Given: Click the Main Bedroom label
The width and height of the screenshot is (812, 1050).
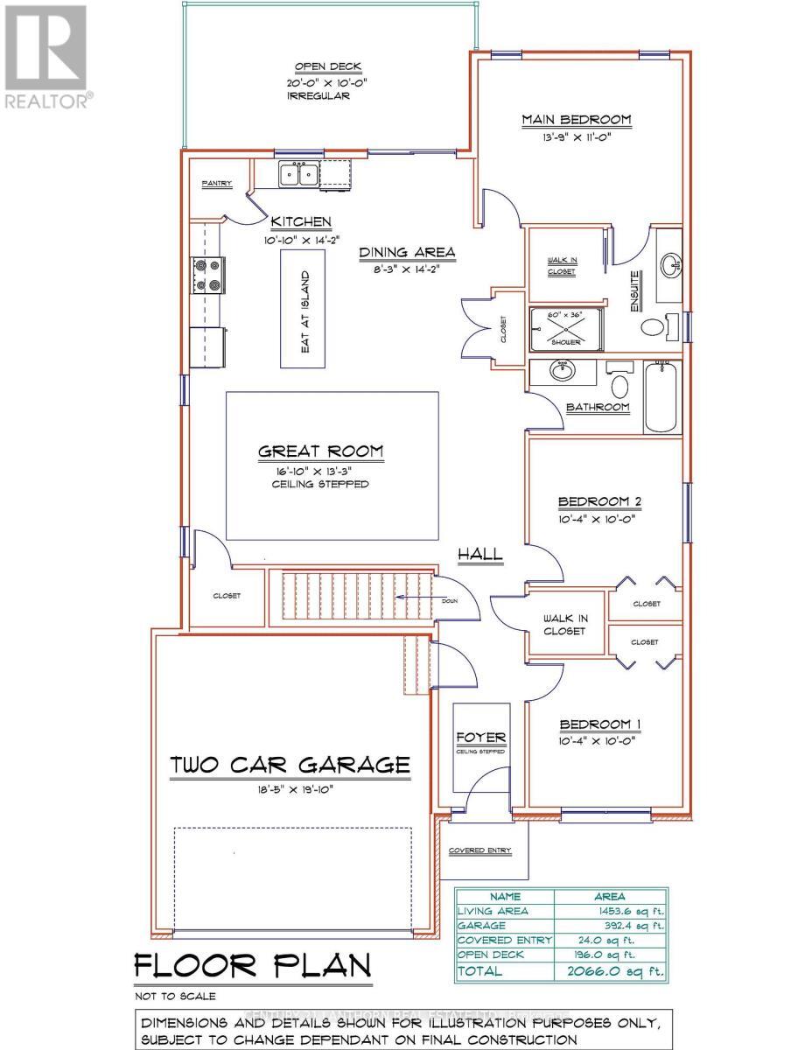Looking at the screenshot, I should click(576, 120).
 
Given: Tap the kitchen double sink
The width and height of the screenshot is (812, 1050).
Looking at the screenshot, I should click(298, 174).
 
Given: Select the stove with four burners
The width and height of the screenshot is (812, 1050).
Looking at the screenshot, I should click(209, 274).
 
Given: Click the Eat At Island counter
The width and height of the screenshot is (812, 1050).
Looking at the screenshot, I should click(306, 309).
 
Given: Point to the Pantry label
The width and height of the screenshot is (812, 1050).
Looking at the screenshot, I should click(216, 184).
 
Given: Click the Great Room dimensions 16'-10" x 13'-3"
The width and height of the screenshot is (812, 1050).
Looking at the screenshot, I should click(320, 471).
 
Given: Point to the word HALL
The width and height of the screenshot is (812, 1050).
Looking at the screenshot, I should click(480, 554).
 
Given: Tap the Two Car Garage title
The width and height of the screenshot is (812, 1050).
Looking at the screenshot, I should click(290, 765).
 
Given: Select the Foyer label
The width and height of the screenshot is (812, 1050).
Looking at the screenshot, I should click(481, 738).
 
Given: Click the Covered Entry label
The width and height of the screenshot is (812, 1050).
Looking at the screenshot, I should click(479, 850).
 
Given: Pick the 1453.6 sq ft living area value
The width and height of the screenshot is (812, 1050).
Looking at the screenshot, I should click(627, 911).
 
